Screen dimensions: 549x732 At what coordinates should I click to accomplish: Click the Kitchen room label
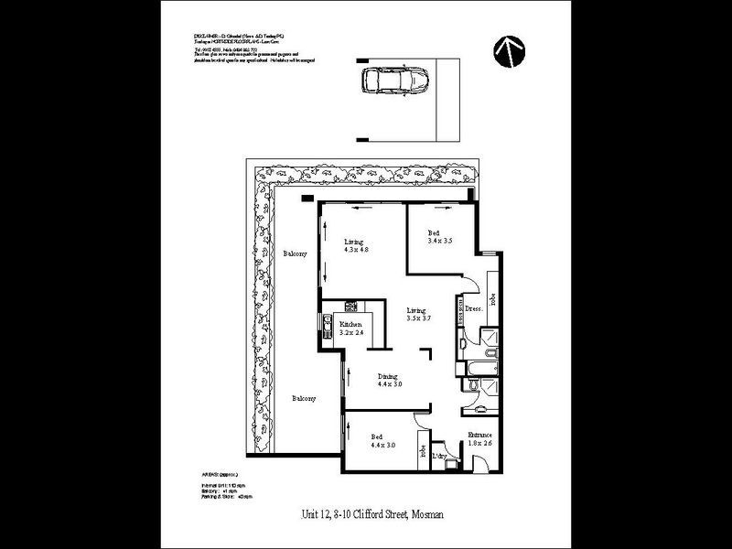[350, 325]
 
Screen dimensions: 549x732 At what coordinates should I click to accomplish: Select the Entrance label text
[481, 435]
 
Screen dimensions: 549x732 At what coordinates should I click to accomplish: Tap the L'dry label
[439, 456]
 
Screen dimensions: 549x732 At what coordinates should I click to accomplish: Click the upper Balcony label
[295, 253]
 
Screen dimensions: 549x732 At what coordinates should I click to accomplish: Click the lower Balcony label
[304, 399]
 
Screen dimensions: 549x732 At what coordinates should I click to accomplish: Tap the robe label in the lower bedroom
[422, 451]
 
